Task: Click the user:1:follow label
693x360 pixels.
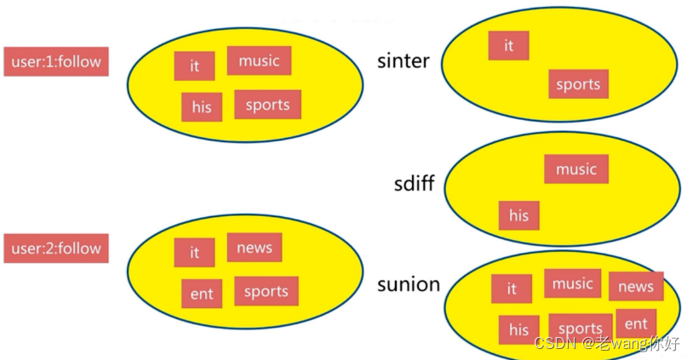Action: pos(56,61)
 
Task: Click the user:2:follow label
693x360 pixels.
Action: pos(56,249)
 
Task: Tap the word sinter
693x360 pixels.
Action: pos(404,61)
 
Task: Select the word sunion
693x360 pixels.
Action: pos(409,284)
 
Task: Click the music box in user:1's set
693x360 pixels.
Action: pos(259,60)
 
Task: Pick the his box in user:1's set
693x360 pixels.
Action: pos(202,107)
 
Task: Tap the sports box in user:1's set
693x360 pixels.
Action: pos(267,105)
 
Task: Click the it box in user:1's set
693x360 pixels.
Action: pos(194,66)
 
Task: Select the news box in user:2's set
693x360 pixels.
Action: pos(255,248)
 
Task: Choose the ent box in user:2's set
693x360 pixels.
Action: pos(202,294)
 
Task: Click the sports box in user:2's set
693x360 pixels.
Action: pos(266,291)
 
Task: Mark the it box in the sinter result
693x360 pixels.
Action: pos(508,46)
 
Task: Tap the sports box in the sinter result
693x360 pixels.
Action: pos(578,84)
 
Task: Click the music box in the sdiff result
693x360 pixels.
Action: pos(576,169)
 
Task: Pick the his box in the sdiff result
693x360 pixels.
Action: pos(518,215)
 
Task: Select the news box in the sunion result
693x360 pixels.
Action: pos(635,287)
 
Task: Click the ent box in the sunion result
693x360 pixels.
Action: pos(636,324)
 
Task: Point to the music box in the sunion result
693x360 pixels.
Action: pos(573,284)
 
